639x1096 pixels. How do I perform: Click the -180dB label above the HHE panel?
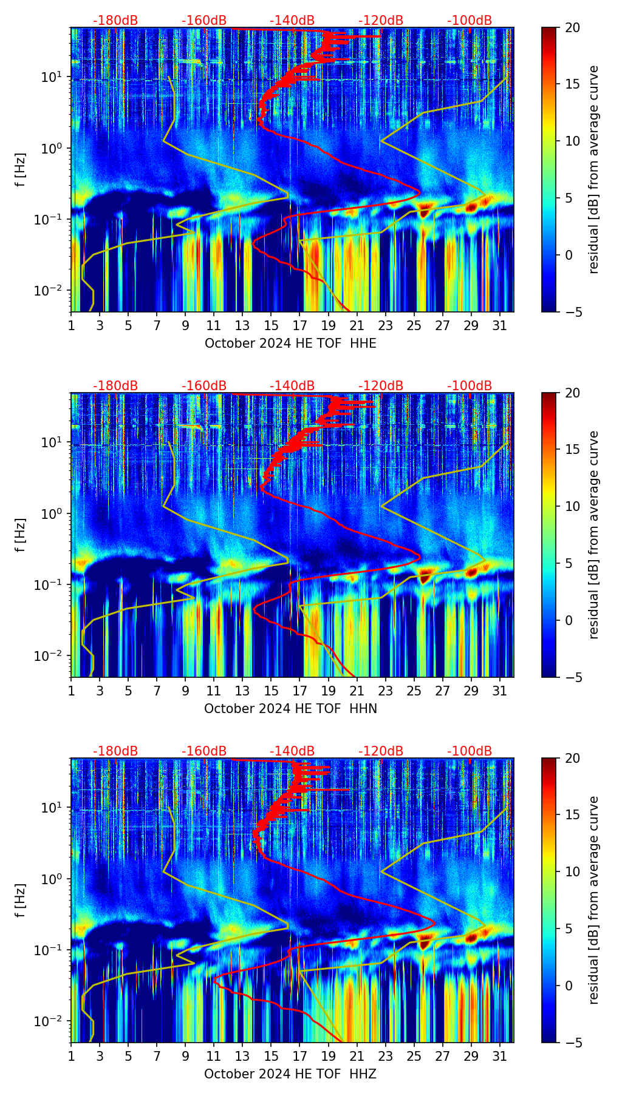[115, 21]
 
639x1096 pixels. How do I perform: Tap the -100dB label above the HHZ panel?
[470, 751]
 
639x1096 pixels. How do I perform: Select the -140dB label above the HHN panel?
[292, 386]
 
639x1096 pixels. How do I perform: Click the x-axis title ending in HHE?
[290, 343]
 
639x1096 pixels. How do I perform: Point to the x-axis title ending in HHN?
[290, 709]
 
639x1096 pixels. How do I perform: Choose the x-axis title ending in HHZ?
[290, 1074]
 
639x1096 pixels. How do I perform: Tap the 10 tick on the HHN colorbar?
[573, 506]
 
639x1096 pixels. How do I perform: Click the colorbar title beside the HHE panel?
[594, 169]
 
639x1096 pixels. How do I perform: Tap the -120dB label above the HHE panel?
[381, 21]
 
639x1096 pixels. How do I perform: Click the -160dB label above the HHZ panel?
[204, 751]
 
